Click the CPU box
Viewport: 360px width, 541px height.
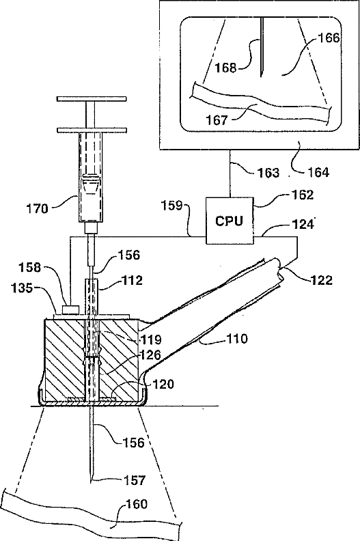click(230, 221)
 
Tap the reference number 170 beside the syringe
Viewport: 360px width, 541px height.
click(38, 209)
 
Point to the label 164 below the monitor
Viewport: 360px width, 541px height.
click(318, 172)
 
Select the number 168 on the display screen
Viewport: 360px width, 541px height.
click(225, 68)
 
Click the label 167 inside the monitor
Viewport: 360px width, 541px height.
click(217, 120)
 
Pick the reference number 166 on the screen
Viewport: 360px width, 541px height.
click(329, 38)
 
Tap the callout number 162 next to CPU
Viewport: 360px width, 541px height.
click(303, 195)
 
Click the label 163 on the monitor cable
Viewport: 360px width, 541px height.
click(268, 172)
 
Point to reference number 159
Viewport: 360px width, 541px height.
click(172, 206)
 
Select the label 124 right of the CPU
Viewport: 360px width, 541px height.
click(303, 224)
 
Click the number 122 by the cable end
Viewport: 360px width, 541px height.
click(321, 280)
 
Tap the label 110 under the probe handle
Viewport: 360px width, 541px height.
click(236, 339)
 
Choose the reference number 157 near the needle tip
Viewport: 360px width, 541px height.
click(135, 480)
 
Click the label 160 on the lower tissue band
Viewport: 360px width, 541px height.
click(137, 504)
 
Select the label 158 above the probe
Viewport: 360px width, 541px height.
click(30, 267)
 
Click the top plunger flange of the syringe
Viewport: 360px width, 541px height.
click(92, 99)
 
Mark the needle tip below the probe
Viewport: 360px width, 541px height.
click(92, 482)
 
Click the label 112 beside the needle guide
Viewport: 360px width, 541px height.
click(132, 280)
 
